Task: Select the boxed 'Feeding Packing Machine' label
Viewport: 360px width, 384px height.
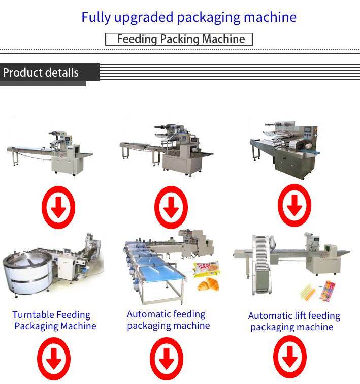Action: [x=179, y=39]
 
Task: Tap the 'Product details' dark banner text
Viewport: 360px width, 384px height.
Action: [x=41, y=73]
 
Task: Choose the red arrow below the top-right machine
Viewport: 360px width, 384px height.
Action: [x=294, y=205]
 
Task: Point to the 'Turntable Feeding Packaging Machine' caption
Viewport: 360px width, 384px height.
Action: [x=53, y=321]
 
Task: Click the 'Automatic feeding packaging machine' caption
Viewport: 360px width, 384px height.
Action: [x=167, y=320]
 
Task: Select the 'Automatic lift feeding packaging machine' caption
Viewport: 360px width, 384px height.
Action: [x=293, y=322]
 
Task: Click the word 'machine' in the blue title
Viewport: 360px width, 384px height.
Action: [x=270, y=17]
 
